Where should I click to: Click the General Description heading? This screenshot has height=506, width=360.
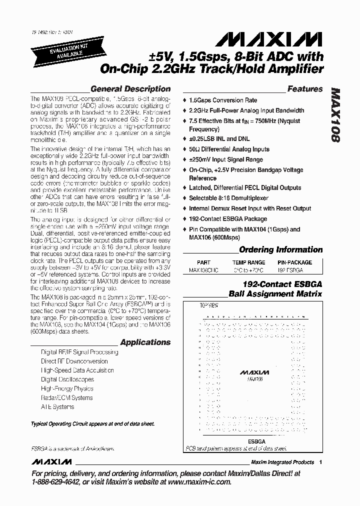click(130, 89)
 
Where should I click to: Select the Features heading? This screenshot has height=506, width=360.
click(305, 89)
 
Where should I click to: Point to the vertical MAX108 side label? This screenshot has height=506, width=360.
click(335, 115)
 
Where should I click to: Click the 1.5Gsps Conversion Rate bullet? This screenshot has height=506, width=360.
click(223, 100)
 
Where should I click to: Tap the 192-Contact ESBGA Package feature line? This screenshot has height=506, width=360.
click(227, 219)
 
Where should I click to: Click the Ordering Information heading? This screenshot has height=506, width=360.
click(281, 249)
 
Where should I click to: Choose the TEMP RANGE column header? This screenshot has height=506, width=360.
click(248, 262)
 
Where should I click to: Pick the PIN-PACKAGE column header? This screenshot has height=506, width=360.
click(294, 262)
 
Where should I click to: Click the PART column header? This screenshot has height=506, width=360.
click(203, 262)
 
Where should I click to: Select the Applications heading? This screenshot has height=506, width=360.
click(145, 342)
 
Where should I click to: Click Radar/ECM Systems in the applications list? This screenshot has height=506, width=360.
click(66, 398)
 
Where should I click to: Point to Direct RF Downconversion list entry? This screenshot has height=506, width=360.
click(74, 361)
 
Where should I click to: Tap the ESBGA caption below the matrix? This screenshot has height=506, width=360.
click(256, 441)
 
